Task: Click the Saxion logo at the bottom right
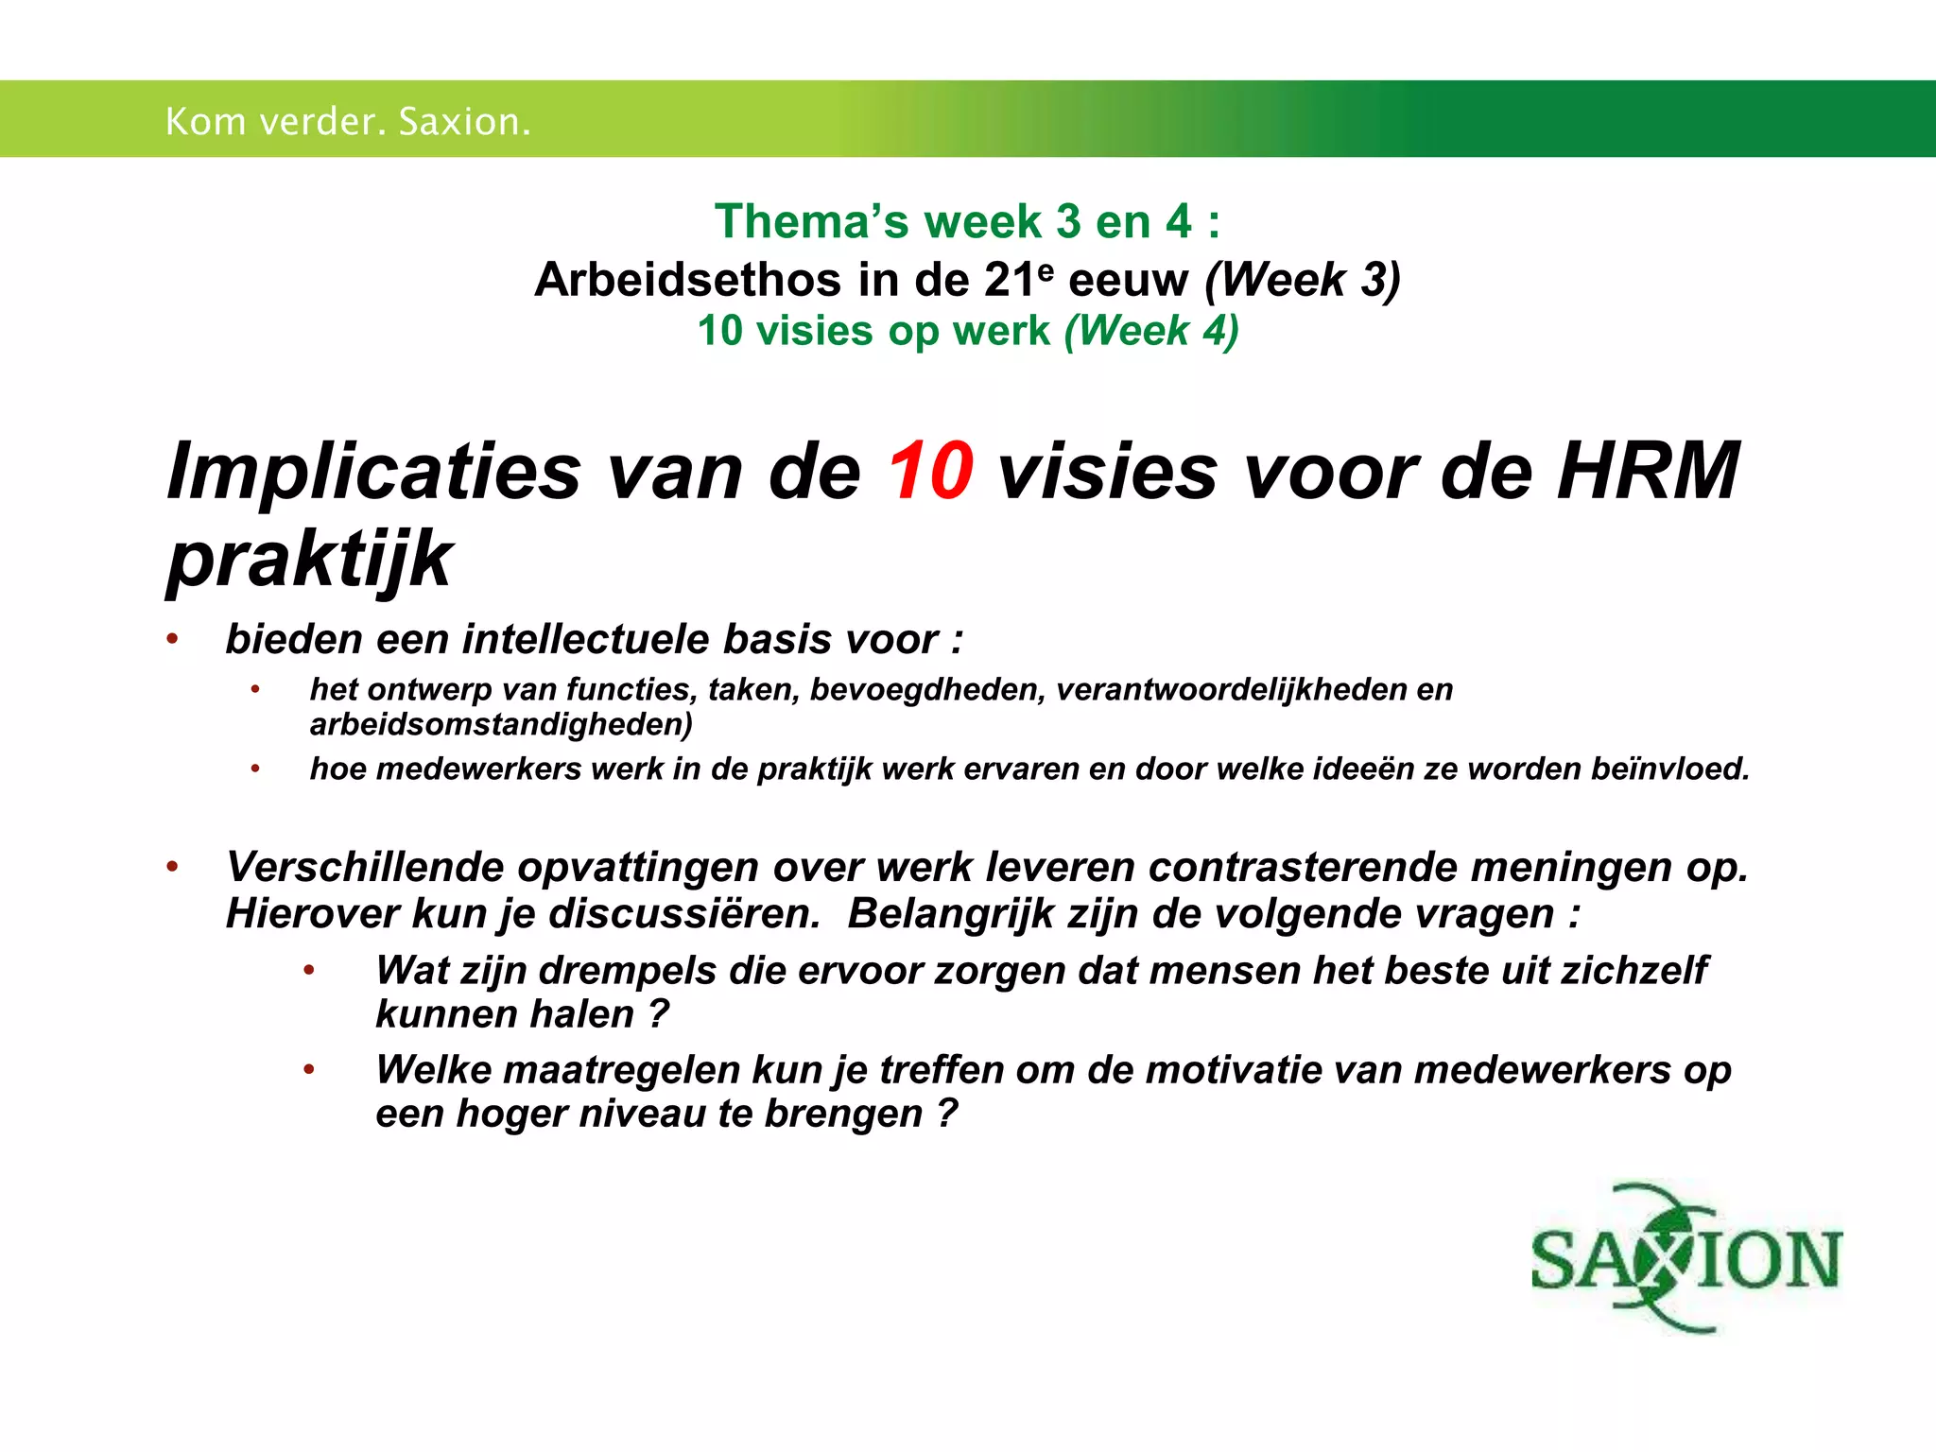(x=1685, y=1258)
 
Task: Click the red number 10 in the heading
(x=929, y=471)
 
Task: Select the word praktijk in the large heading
(x=309, y=559)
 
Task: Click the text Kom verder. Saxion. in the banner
(x=348, y=121)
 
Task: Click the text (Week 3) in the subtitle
(x=1302, y=280)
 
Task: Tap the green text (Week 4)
(x=1150, y=331)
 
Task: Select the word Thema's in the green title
(x=812, y=221)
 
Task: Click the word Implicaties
(x=373, y=471)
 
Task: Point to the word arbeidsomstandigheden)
(x=501, y=724)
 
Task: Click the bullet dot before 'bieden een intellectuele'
(x=172, y=639)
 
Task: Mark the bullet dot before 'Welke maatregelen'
(x=308, y=1070)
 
